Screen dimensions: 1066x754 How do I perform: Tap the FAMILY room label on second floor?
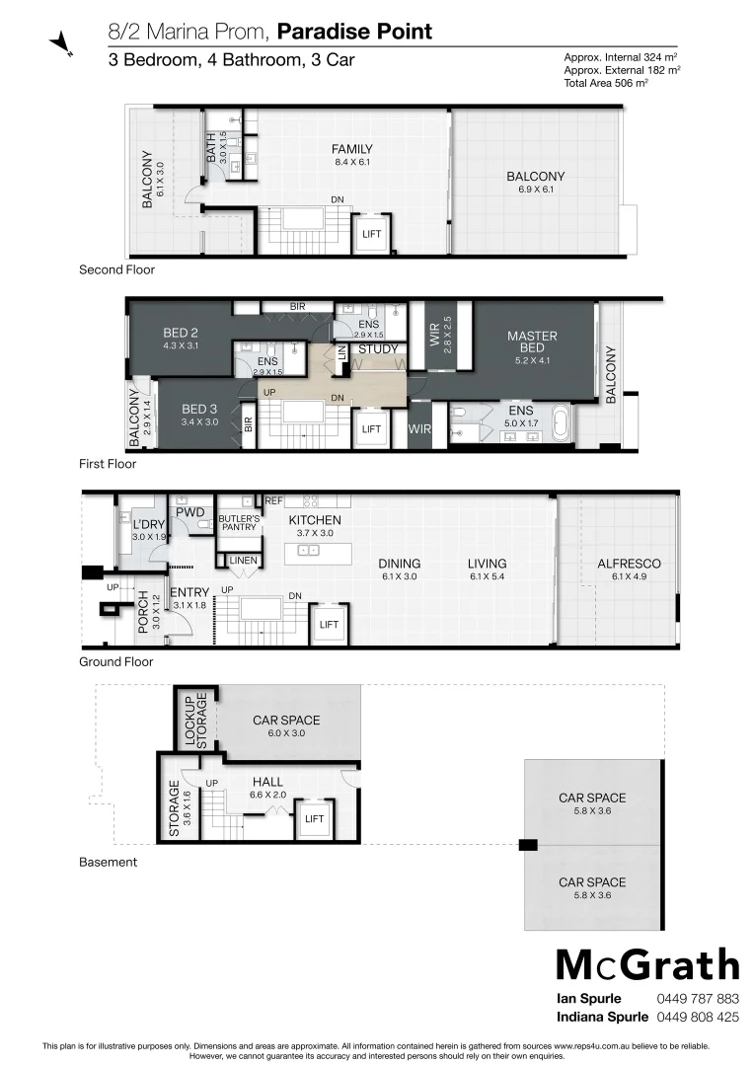click(352, 150)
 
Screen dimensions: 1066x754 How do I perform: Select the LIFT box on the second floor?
click(372, 234)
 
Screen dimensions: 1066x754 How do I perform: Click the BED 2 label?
click(182, 333)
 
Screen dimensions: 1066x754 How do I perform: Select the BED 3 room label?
click(199, 409)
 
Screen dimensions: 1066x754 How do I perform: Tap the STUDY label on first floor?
click(378, 349)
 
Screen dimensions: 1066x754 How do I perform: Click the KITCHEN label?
click(315, 520)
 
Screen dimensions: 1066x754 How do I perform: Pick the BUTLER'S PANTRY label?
click(239, 523)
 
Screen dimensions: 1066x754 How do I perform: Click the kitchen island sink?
click(308, 550)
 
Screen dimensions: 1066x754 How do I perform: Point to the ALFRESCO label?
click(629, 564)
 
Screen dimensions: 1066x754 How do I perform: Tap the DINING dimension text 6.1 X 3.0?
click(399, 576)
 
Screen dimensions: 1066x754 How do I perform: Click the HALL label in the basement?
click(267, 782)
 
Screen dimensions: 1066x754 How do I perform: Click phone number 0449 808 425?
click(697, 1017)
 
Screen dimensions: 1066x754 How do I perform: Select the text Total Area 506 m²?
click(605, 84)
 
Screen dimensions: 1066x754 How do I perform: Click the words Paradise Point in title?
click(354, 32)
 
